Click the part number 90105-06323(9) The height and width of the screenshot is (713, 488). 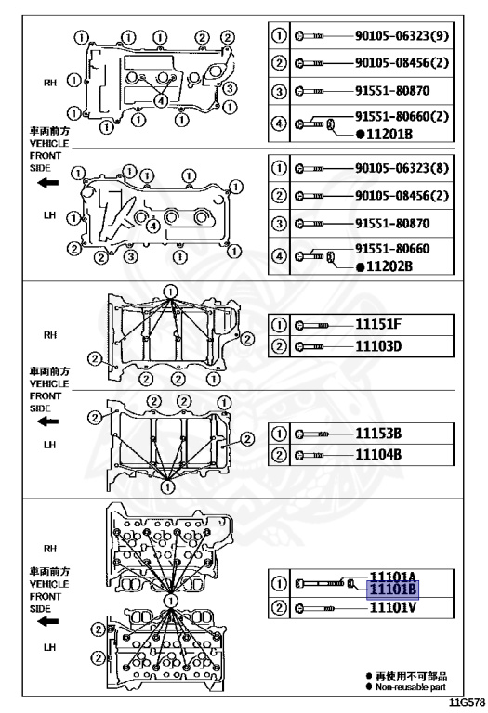coord(402,35)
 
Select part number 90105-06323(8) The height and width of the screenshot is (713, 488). coord(402,168)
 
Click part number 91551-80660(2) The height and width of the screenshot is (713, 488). coord(402,116)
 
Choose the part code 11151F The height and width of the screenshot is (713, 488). coord(378,324)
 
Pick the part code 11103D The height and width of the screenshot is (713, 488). coord(378,346)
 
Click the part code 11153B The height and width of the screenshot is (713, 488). coord(378,434)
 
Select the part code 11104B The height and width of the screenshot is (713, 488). coord(378,454)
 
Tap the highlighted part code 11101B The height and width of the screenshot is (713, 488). coord(392,590)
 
